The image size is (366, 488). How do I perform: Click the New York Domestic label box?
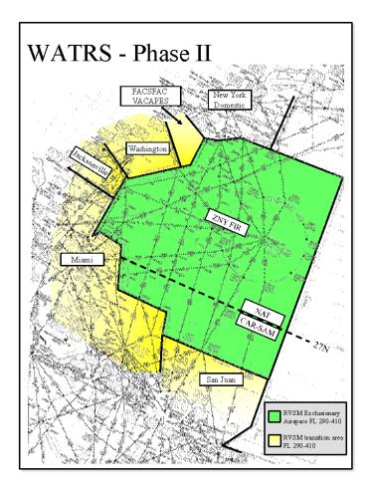(230, 99)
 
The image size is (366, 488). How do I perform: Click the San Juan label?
(218, 379)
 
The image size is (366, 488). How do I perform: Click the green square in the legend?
(274, 411)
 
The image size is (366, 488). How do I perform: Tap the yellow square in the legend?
(274, 438)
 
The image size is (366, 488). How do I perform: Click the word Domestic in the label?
(230, 104)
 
